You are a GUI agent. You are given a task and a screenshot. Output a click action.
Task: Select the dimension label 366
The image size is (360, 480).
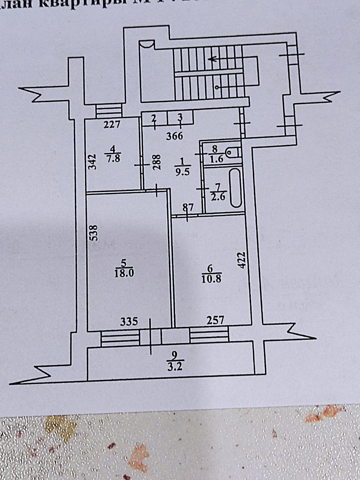click(175, 135)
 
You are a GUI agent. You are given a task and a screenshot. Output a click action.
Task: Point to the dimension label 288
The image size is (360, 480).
click(156, 163)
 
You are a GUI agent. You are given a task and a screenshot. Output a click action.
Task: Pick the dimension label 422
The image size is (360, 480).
click(241, 259)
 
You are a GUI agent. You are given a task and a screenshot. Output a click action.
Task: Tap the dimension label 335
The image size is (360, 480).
click(129, 321)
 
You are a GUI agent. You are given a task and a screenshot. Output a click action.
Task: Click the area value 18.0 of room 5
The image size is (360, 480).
click(124, 273)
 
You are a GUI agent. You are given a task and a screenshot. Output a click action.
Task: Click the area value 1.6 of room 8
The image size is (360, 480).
click(217, 159)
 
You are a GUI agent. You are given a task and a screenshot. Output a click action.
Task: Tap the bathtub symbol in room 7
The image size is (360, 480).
click(235, 188)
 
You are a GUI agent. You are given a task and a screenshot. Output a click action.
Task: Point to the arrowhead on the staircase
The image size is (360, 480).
click(212, 58)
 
